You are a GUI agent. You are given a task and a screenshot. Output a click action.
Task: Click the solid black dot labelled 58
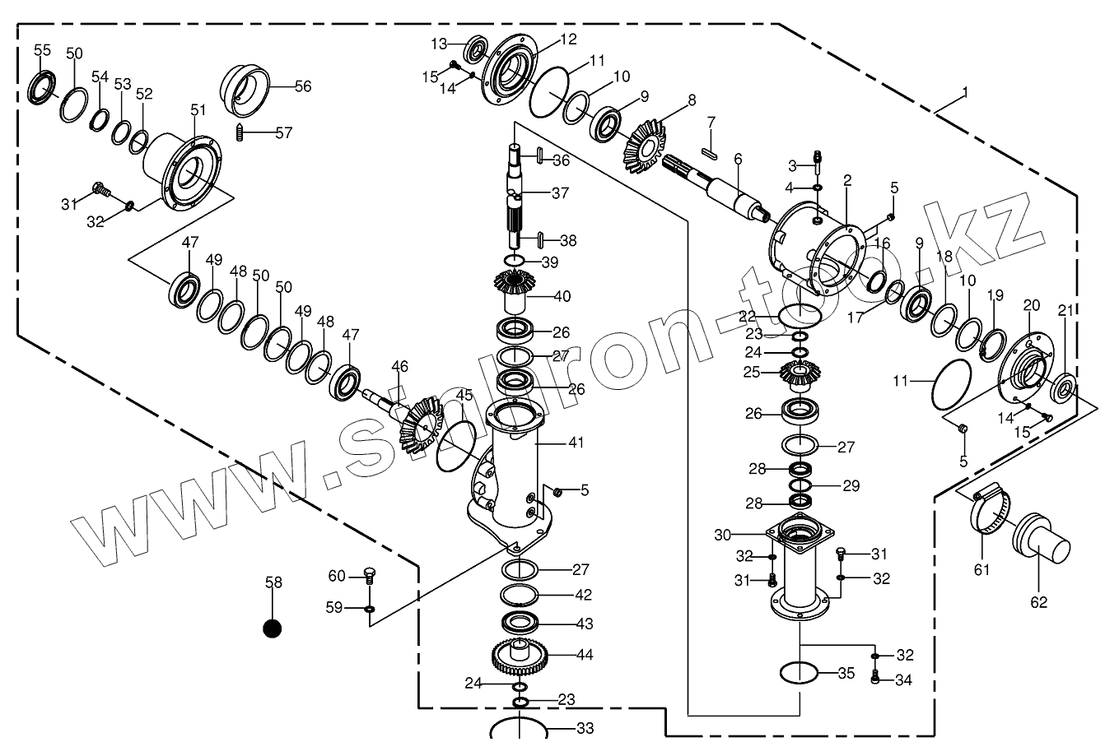(273, 628)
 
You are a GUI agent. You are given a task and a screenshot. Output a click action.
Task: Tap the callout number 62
(1039, 602)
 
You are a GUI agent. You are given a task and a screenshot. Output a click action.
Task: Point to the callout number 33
(585, 728)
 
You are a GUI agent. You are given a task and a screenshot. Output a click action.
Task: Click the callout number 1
(965, 94)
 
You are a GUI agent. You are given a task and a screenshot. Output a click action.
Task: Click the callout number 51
(198, 110)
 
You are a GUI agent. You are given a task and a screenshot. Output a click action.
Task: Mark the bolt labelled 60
(369, 576)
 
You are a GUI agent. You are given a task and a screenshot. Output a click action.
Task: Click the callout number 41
(576, 443)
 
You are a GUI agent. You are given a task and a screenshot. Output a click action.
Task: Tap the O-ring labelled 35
(799, 672)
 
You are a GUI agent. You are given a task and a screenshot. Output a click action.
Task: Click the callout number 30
(722, 535)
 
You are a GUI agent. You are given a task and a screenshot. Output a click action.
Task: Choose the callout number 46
(400, 366)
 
